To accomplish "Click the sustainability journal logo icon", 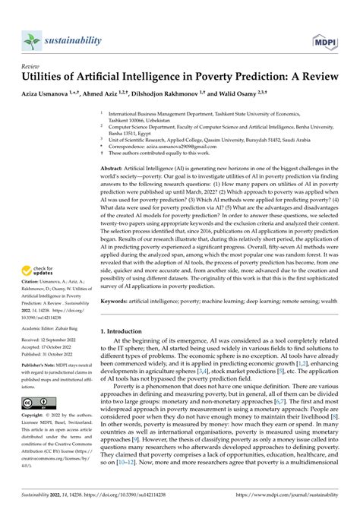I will tap(31, 40).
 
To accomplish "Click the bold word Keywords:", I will tap(119, 323).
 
